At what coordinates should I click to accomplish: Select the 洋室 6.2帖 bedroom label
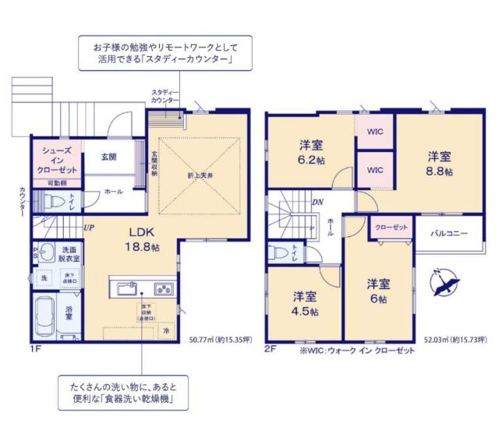[x=312, y=152]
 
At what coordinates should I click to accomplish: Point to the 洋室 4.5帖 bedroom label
[x=305, y=303]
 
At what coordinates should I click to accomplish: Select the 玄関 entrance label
[x=108, y=157]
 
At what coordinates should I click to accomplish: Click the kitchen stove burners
[x=165, y=288]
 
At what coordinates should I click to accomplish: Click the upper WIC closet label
[x=373, y=131]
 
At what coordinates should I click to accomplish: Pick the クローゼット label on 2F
[x=390, y=227]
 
